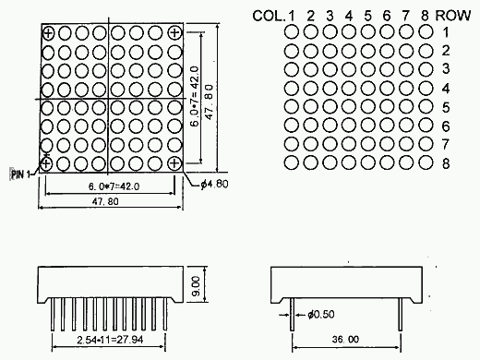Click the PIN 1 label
[20, 174]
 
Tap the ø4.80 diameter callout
[214, 184]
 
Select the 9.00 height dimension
[196, 286]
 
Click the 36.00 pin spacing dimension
[345, 339]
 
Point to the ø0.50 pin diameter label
[321, 314]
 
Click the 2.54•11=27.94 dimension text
[110, 340]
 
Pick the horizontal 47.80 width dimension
[105, 201]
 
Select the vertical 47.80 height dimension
[210, 102]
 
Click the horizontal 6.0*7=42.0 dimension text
[114, 186]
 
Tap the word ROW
[453, 16]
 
